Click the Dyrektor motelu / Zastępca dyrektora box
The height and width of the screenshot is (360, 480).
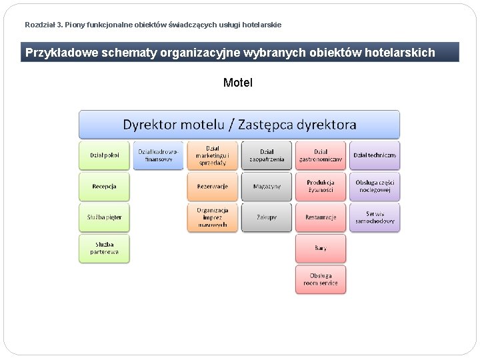click(239, 125)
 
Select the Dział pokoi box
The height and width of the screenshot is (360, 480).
click(105, 155)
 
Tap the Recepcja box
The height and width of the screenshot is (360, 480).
click(105, 187)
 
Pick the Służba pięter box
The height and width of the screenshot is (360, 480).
click(105, 217)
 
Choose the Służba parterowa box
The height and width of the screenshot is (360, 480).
click(105, 248)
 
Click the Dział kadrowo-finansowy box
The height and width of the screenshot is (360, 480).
click(159, 155)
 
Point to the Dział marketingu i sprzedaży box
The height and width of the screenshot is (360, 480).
click(213, 155)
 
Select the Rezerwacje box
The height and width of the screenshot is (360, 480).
click(213, 187)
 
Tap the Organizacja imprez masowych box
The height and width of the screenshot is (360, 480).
click(213, 217)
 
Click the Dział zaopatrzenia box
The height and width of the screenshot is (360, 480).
click(267, 155)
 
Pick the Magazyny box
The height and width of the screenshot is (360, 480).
click(267, 187)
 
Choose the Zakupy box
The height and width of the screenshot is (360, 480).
click(267, 217)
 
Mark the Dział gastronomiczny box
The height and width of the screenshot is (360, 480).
click(321, 155)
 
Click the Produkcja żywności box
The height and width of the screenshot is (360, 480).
click(321, 187)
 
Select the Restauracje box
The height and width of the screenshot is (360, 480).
click(321, 217)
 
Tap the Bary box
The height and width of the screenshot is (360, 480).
click(321, 248)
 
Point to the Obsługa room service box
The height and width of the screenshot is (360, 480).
click(321, 279)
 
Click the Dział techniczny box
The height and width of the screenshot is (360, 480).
click(375, 155)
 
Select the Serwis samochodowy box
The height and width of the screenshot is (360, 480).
click(375, 217)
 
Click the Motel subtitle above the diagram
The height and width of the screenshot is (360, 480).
click(238, 83)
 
